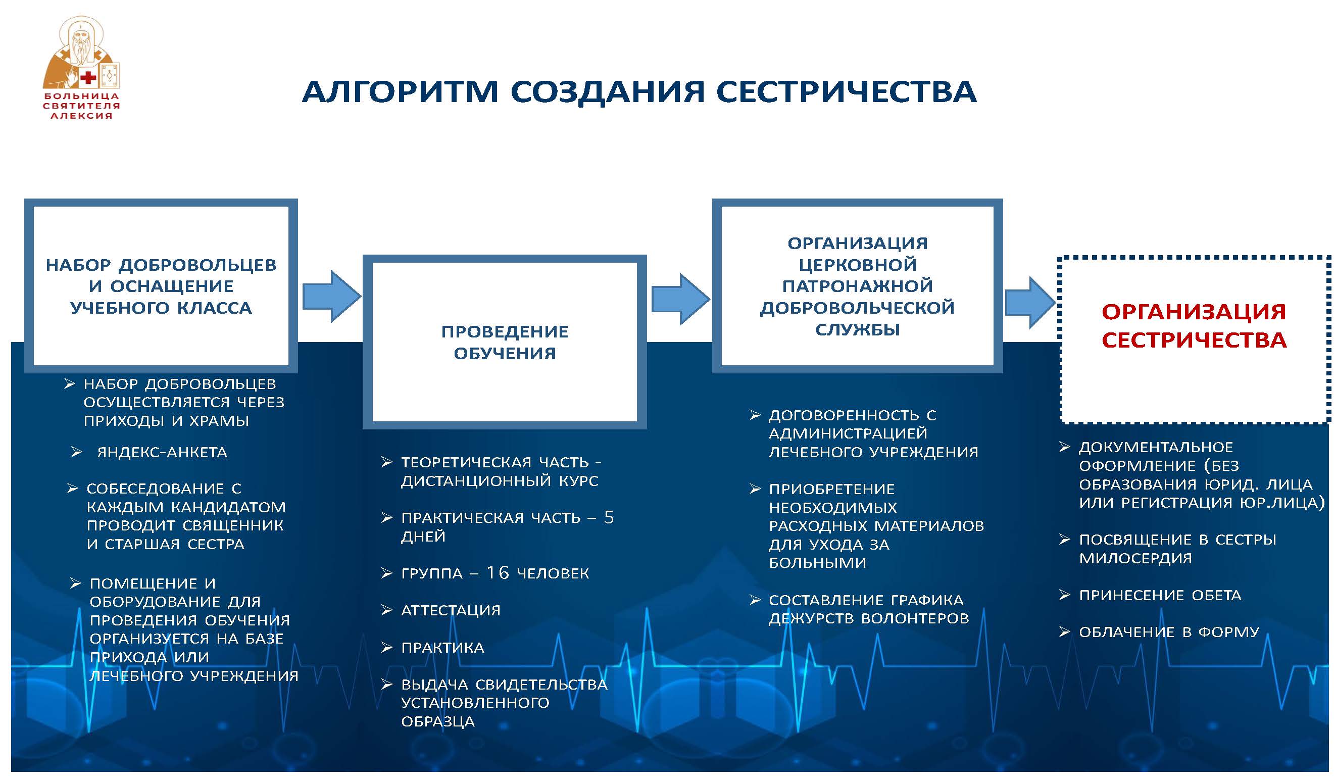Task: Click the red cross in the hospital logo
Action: point(88,78)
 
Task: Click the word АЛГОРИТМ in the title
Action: point(400,91)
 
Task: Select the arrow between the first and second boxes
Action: point(332,296)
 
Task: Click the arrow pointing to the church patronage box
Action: point(680,300)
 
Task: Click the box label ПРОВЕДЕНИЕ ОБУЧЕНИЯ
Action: point(504,343)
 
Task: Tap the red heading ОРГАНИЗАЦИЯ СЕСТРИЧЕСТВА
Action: point(1194,326)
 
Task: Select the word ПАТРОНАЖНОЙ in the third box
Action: point(857,286)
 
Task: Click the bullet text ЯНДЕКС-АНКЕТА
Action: point(162,452)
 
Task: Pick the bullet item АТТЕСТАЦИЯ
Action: point(450,610)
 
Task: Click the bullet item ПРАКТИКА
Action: point(442,647)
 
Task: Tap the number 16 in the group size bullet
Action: point(498,573)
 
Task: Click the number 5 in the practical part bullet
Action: point(609,517)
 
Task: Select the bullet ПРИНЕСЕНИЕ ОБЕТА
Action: point(1160,595)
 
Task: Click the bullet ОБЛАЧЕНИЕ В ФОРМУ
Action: point(1169,631)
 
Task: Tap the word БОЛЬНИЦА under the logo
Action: point(82,96)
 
